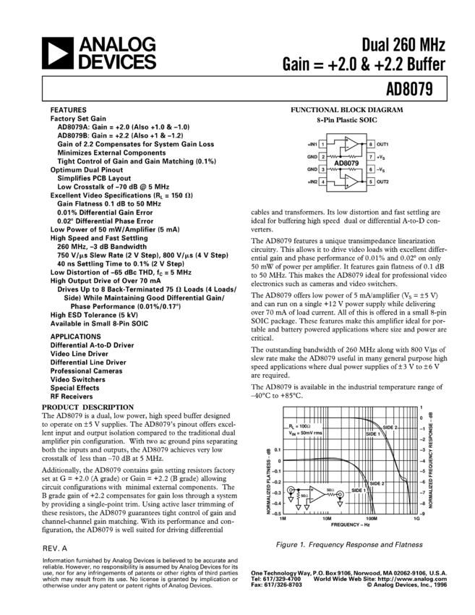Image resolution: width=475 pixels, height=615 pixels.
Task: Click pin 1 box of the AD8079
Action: point(322,144)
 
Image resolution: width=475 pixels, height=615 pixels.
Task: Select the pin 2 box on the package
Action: point(322,156)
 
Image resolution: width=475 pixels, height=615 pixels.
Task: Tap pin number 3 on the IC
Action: point(322,169)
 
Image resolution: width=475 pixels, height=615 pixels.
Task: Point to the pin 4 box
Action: point(322,182)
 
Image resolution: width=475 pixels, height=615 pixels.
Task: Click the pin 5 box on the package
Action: point(370,182)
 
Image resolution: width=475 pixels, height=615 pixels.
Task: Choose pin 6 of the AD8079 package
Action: point(370,169)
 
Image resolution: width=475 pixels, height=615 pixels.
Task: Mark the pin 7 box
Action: point(370,156)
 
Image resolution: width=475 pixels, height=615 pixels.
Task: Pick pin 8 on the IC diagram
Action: point(370,144)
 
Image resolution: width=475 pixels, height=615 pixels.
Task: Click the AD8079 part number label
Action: point(346,163)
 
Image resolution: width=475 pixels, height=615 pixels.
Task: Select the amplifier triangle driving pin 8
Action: point(350,144)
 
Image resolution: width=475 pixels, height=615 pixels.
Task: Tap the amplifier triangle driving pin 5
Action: point(350,182)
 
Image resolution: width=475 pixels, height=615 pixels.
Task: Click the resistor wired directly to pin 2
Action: point(336,156)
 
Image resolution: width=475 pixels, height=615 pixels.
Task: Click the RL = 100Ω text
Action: point(299,426)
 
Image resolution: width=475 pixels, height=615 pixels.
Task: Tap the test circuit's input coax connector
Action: point(291,491)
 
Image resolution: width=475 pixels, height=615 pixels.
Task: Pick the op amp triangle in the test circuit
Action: point(316,494)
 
